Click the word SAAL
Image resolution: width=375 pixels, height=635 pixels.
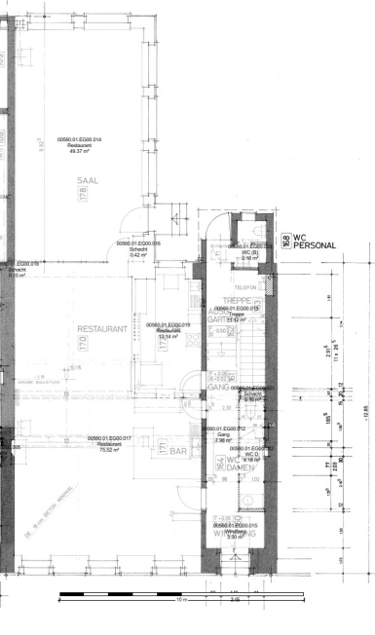pyautogui.click(x=90, y=181)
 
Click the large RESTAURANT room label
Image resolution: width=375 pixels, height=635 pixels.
pyautogui.click(x=102, y=330)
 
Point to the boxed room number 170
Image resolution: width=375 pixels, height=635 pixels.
pyautogui.click(x=136, y=344)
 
